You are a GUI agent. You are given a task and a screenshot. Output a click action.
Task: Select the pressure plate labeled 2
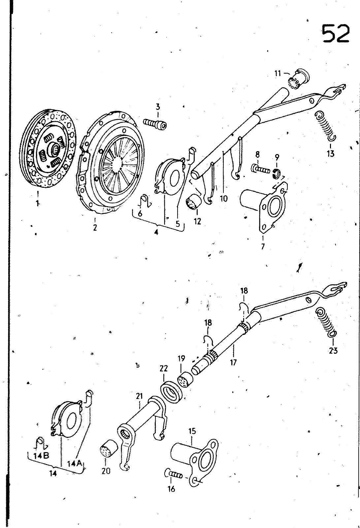point(112,163)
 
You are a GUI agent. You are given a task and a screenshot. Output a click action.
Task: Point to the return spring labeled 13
point(325,125)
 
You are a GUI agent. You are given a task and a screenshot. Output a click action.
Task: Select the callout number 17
point(233,362)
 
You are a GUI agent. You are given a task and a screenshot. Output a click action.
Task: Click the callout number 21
point(140,396)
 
